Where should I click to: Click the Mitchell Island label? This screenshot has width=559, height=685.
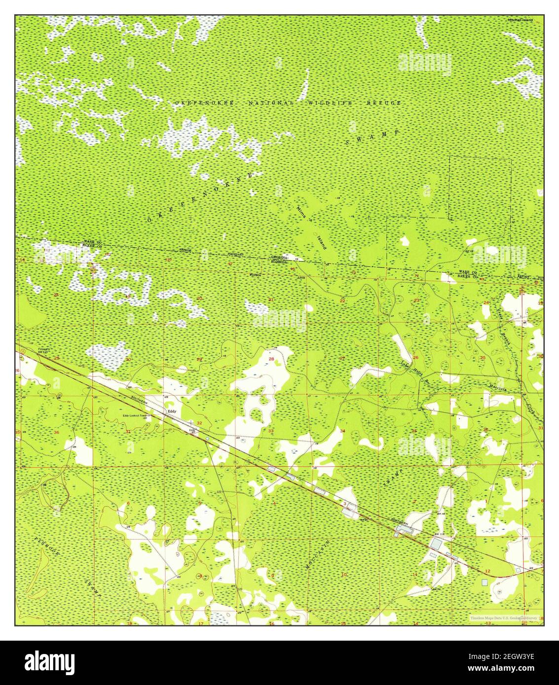point(520,20)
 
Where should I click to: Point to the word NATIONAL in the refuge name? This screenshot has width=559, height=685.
point(271,103)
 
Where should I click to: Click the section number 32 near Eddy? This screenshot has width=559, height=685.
point(199,423)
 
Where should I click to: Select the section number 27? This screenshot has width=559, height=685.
point(342,358)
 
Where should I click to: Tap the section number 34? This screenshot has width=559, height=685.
point(342,431)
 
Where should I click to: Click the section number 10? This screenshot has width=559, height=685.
point(343,574)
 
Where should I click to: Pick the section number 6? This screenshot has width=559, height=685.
point(128,503)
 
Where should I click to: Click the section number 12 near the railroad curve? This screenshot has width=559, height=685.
point(487,571)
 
